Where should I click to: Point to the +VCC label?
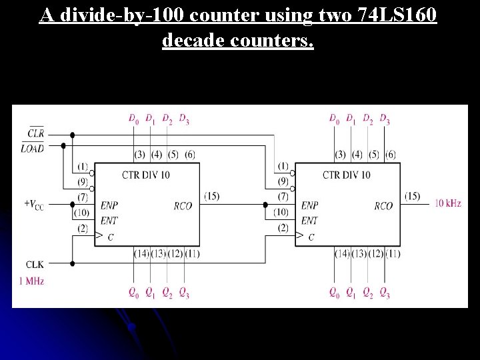pos(34,203)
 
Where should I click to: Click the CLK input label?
pos(35,265)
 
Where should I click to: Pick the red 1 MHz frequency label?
pos(31,281)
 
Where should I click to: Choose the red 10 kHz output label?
pos(448,203)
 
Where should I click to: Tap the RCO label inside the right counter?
pos(383,206)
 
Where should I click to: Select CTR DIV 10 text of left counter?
pos(145,175)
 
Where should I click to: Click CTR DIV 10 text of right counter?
pos(347,175)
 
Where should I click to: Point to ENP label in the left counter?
pos(109,206)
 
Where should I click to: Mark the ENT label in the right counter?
pos(310,220)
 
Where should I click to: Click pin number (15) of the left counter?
pos(212,196)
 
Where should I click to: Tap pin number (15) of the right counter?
pos(413,196)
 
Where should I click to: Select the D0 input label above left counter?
pos(133,119)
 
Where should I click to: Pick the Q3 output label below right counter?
pos(385,292)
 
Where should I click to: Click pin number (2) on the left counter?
pos(83,229)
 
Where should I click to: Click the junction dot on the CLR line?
pos(72,135)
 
